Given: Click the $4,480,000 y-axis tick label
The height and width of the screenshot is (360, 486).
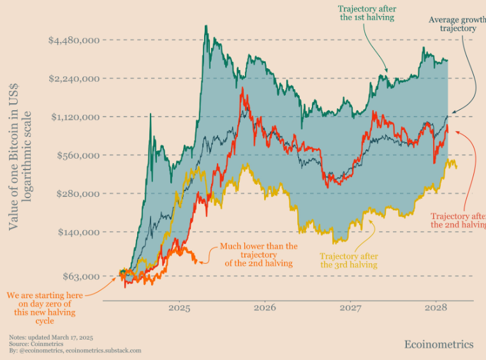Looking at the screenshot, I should (73, 40).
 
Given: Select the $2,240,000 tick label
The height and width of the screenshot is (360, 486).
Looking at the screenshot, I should (73, 78).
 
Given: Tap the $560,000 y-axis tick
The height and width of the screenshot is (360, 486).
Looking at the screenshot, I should (77, 155).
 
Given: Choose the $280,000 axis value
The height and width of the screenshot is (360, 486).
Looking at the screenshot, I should (77, 193).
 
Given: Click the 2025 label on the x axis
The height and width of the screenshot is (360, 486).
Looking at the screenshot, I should (179, 307).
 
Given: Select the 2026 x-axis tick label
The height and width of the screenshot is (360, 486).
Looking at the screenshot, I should (265, 307).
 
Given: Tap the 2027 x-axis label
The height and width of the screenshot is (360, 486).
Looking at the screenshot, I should (350, 307).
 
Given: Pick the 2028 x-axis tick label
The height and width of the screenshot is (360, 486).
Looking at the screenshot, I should (436, 307).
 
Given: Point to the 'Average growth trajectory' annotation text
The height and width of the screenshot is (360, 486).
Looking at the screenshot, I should (457, 24).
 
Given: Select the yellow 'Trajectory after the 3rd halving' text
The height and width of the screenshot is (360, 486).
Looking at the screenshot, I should (348, 260).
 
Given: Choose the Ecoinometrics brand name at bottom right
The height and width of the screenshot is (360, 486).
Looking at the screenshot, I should (439, 344).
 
